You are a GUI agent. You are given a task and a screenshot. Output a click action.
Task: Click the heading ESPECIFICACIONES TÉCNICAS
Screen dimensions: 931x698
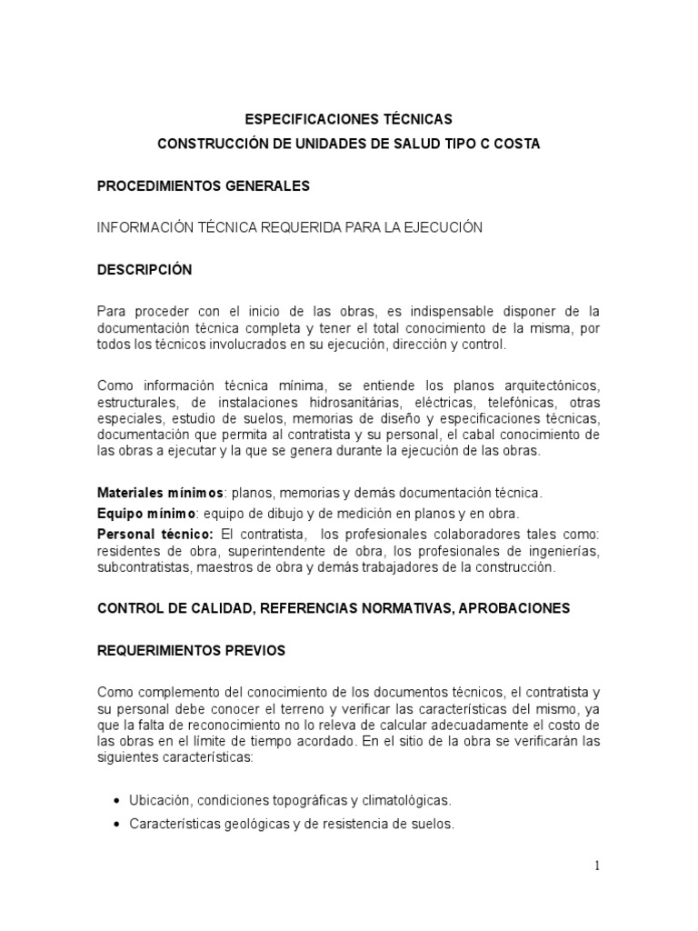pos(349,119)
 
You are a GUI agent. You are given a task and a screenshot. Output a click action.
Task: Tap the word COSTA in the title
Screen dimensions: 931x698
pos(519,145)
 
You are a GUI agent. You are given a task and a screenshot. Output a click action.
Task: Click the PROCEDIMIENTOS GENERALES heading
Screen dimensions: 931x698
pos(204,186)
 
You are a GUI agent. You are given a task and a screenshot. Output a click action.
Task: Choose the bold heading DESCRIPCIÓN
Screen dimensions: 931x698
pos(145,270)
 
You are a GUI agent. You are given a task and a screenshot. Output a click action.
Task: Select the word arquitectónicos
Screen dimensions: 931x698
pos(547,387)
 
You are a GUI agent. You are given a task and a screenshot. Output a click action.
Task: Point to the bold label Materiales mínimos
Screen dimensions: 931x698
pos(160,493)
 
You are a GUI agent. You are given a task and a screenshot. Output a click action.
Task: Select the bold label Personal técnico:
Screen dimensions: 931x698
pos(155,533)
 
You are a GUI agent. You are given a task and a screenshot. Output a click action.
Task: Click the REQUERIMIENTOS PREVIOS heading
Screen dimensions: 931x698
pos(192,650)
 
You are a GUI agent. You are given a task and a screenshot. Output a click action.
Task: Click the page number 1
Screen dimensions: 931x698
pos(597,866)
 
